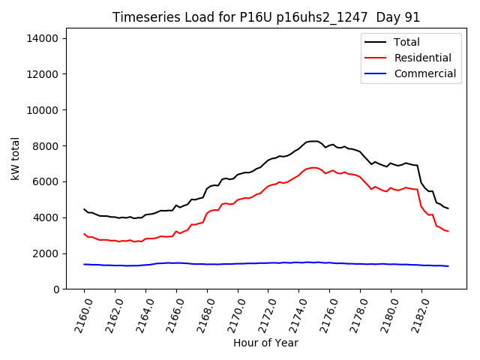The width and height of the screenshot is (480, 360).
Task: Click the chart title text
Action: (266, 17)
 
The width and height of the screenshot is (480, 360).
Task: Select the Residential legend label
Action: (422, 58)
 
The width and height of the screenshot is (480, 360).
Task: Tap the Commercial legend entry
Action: (424, 73)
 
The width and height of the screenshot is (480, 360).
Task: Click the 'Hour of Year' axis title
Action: (265, 343)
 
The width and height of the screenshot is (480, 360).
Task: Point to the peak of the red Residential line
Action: (313, 167)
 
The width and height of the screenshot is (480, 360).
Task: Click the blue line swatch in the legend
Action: (377, 73)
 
